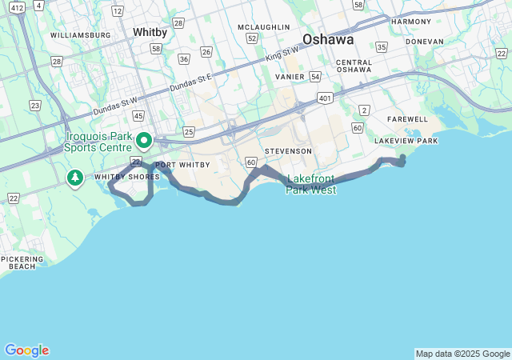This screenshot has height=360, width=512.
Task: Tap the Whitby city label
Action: pyautogui.click(x=150, y=32)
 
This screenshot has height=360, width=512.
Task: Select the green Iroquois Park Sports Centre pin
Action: pyautogui.click(x=144, y=140)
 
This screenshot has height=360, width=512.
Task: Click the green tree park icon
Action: pyautogui.click(x=75, y=177)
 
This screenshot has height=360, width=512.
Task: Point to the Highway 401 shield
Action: pyautogui.click(x=325, y=98)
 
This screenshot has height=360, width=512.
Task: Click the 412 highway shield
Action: pyautogui.click(x=17, y=6)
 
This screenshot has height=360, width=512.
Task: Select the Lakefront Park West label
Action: pyautogui.click(x=312, y=184)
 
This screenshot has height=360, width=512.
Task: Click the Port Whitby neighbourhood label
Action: pyautogui.click(x=182, y=165)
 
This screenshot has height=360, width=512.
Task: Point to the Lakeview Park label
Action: pyautogui.click(x=406, y=141)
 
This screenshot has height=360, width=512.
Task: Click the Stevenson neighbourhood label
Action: pyautogui.click(x=288, y=150)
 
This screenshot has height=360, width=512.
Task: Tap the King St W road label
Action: pyautogui.click(x=282, y=55)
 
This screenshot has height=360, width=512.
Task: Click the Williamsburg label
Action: pyautogui.click(x=80, y=35)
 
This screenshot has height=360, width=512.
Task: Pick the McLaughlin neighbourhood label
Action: pyautogui.click(x=263, y=26)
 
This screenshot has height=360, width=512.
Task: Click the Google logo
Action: pyautogui.click(x=26, y=350)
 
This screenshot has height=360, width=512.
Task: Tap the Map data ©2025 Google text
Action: pyautogui.click(x=462, y=354)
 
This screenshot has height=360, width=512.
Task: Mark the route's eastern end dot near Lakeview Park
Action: pyautogui.click(x=402, y=158)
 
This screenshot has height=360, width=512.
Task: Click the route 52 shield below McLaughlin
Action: pyautogui.click(x=252, y=38)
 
